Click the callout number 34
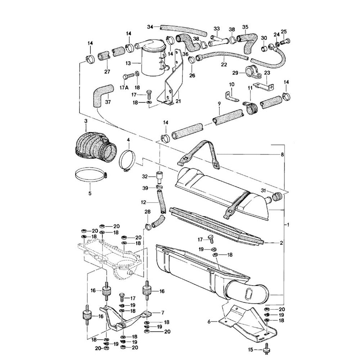(150, 27)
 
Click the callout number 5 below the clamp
(90, 193)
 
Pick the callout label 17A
(123, 87)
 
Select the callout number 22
(224, 64)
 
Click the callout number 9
(219, 103)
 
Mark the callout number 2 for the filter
(282, 243)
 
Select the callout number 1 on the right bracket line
(288, 225)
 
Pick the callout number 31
(264, 190)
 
